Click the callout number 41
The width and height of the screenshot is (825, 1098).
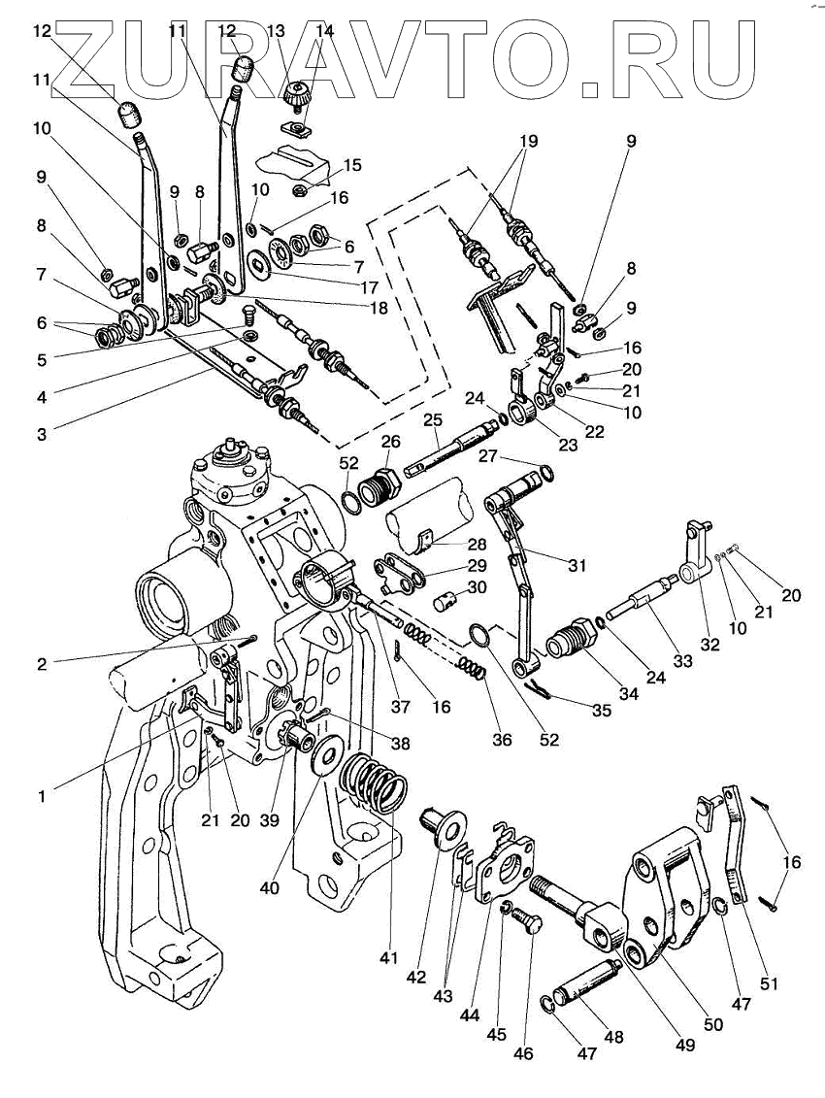tap(389, 958)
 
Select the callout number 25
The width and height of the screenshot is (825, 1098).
tap(433, 420)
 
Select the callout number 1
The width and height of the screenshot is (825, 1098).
tap(42, 796)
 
